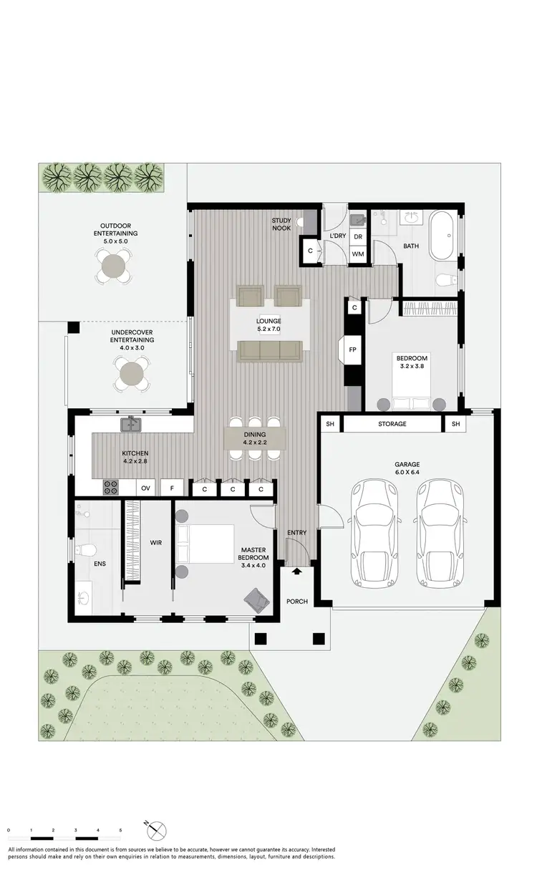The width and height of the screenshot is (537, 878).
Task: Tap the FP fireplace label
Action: (352, 350)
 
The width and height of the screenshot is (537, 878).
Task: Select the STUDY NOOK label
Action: (281, 224)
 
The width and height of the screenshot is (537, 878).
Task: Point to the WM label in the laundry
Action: (357, 254)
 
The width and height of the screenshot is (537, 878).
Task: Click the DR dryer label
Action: (357, 237)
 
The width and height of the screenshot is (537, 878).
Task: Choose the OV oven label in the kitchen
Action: (145, 488)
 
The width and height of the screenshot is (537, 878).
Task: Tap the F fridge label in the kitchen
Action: (171, 488)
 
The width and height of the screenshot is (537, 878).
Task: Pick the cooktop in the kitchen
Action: (112, 488)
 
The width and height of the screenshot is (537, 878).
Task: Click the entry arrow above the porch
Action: (296, 571)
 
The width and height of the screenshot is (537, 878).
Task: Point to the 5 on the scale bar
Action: (120, 829)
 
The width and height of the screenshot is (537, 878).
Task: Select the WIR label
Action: (156, 543)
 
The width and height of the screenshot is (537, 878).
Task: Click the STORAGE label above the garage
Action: (392, 424)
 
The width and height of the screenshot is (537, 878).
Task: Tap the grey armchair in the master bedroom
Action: (256, 598)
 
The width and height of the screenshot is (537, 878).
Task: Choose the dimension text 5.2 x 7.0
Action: (269, 330)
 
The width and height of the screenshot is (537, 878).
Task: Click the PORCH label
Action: (296, 601)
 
